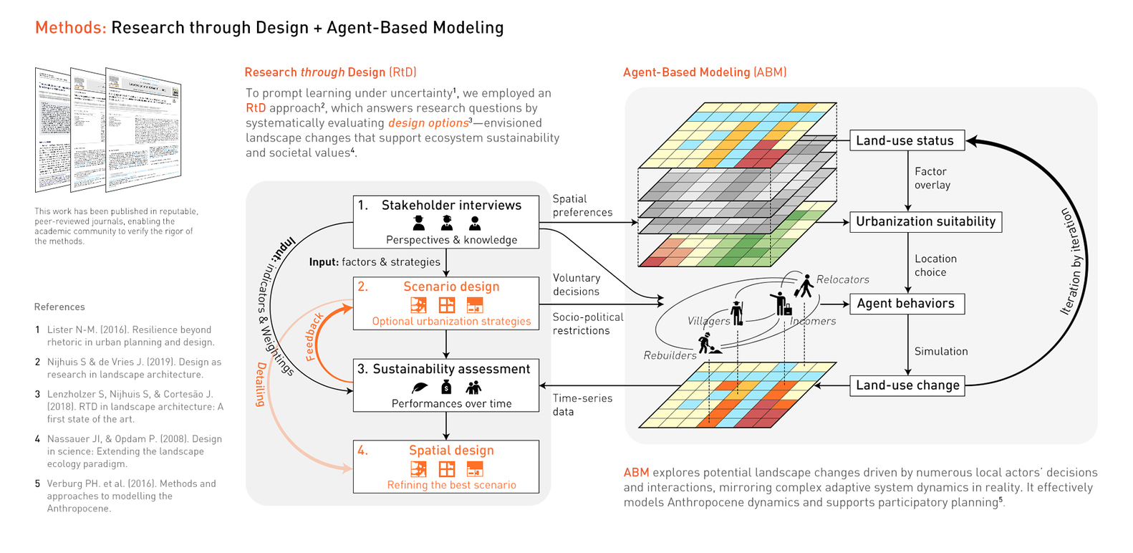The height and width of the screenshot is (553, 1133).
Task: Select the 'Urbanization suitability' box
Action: (x=925, y=222)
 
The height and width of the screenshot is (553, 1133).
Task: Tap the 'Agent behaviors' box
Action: (x=907, y=304)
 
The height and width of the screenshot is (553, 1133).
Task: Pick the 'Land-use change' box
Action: (x=907, y=385)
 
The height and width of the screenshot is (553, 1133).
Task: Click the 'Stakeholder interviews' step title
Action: (x=451, y=206)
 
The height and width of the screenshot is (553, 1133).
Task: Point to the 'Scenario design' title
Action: (x=451, y=287)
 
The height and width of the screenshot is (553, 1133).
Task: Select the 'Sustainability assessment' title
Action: (x=451, y=369)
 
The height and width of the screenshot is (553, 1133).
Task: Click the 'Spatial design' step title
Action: (x=451, y=451)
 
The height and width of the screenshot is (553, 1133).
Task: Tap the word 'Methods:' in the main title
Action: (x=71, y=28)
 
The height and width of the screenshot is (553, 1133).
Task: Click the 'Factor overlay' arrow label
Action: (x=932, y=178)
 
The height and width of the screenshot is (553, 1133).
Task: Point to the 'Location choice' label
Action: (x=935, y=266)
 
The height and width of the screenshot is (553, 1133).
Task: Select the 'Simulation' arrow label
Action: (x=941, y=352)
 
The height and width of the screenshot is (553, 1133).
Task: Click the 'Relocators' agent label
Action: (x=842, y=280)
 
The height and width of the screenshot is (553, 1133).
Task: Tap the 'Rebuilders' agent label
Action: (x=670, y=355)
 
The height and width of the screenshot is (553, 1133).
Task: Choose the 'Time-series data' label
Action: (x=582, y=405)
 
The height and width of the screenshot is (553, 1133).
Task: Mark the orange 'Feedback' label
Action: (x=315, y=337)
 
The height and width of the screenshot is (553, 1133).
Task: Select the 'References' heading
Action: (x=59, y=307)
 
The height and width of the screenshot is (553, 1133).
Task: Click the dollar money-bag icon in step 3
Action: (x=446, y=388)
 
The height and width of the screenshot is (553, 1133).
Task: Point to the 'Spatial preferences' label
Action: (x=582, y=206)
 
